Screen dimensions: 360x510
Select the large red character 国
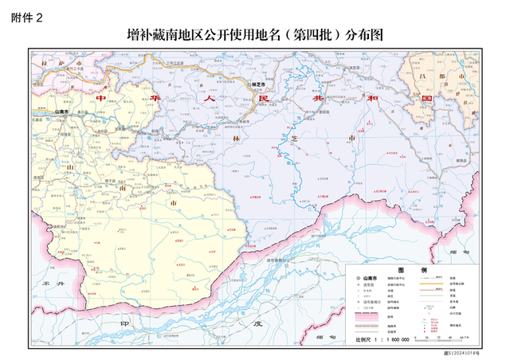click(426, 100)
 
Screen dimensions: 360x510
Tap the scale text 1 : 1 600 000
click(382, 339)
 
